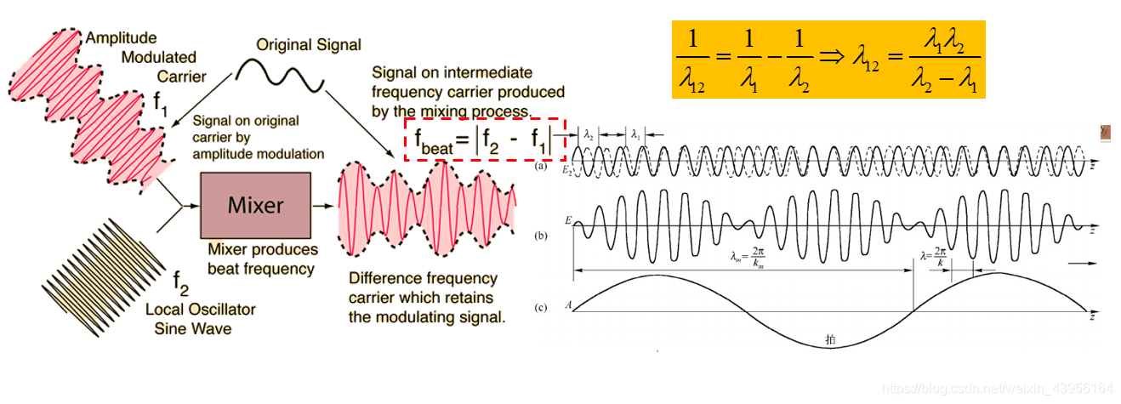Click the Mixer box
tap(253, 205)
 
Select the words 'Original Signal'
tap(309, 44)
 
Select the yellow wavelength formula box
tap(828, 60)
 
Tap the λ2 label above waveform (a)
tap(588, 134)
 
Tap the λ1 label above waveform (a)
tap(635, 134)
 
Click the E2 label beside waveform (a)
tap(566, 170)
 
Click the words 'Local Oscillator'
tap(201, 309)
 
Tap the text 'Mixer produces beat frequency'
tap(263, 259)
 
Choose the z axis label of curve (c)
tap(1091, 316)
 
